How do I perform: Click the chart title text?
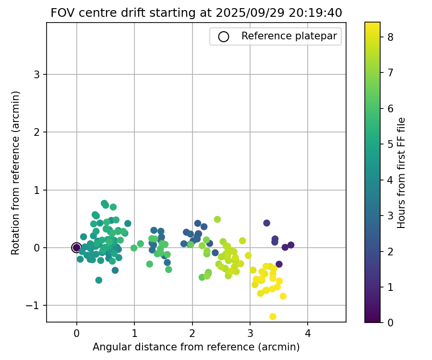tap(196, 13)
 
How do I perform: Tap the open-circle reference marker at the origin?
tap(76, 248)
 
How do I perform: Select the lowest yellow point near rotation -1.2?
tap(273, 316)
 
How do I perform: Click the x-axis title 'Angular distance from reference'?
tap(196, 347)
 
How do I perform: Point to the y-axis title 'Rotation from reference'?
tap(16, 172)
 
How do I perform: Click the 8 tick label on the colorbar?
tap(391, 37)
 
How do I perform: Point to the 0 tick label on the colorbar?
tap(391, 323)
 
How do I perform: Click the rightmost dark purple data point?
tap(291, 245)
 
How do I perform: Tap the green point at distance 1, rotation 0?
tap(134, 248)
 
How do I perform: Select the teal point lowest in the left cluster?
tap(99, 280)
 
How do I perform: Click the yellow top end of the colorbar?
tap(372, 24)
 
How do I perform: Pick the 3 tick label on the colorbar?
tap(391, 216)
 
